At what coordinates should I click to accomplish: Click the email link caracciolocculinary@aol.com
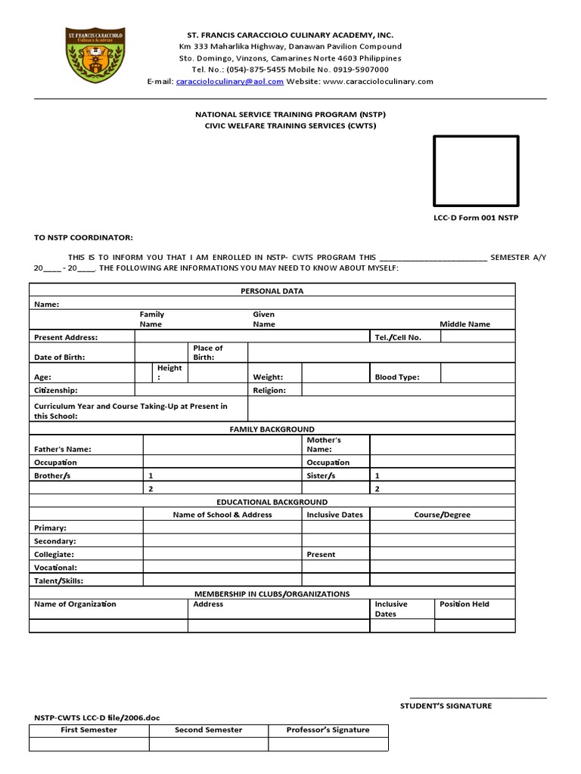coord(230,82)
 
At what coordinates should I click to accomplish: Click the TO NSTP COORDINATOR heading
coord(82,237)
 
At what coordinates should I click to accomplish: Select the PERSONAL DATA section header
coord(272,290)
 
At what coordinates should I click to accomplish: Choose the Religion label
coord(269,391)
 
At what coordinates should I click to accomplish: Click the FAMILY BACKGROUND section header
coord(272,429)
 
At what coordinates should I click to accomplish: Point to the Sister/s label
coord(321,476)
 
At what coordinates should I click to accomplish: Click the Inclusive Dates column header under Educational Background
coord(334,515)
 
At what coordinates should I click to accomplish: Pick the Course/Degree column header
coord(442,515)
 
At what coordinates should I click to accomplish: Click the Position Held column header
coord(464,605)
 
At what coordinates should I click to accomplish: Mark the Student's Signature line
coord(477,697)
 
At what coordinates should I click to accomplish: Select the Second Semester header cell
coord(208,730)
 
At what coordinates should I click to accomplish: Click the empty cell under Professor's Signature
coord(328,745)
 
